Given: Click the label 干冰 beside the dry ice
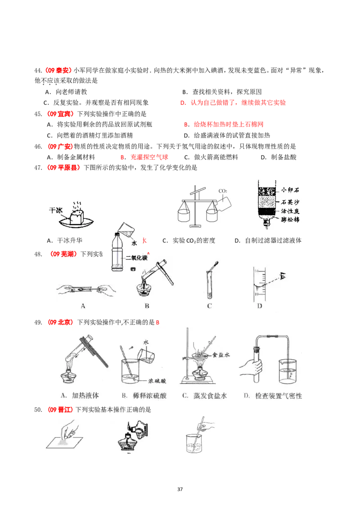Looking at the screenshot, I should point(56,210).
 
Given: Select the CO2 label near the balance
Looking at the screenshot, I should point(223,191).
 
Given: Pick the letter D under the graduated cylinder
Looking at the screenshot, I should point(259,306).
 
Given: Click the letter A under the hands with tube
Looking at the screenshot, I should point(83,306).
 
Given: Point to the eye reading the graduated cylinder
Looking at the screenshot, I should point(283,276).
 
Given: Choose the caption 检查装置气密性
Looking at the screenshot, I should point(272,396).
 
